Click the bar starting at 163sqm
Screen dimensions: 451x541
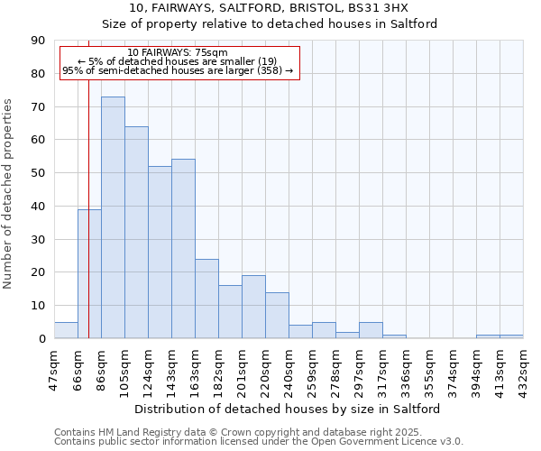coord(206,299)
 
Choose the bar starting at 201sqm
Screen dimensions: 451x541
coord(253,307)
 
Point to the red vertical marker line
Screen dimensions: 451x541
coord(88,180)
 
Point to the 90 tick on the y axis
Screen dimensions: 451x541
coord(38,41)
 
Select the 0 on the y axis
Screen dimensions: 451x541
coord(41,338)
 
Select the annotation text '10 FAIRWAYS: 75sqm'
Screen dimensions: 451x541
coord(178,53)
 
